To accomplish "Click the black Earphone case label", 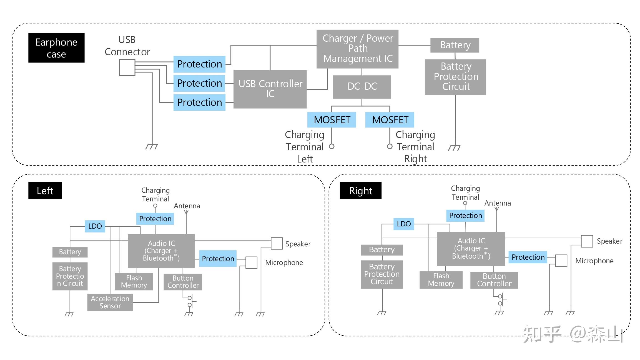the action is coord(56,48).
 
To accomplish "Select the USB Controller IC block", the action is coord(270,89).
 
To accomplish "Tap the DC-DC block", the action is coord(362,87).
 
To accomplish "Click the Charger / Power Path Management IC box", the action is coord(358,49).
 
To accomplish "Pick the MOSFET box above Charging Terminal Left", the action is coord(332,120).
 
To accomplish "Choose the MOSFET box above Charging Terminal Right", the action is coord(390,120).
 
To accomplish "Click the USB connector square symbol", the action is coord(127,68).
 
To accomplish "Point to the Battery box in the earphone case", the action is coord(455,45).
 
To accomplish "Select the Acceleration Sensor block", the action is coord(110,302).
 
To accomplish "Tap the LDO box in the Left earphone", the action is coord(95,226).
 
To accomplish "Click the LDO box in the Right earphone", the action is coord(404,224).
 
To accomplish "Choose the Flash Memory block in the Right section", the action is coord(441,280).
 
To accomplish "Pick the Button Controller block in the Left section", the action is coord(183,282).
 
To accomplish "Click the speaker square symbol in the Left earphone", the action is coord(277,243).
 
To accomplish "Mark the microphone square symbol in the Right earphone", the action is coord(561,261).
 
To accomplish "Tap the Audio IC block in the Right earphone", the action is coord(471,249).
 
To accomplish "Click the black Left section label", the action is coord(45,191).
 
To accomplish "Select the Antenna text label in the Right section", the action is coord(498,203).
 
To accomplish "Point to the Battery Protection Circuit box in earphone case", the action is coord(455,77).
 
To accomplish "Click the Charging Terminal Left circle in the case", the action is coord(332,146).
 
